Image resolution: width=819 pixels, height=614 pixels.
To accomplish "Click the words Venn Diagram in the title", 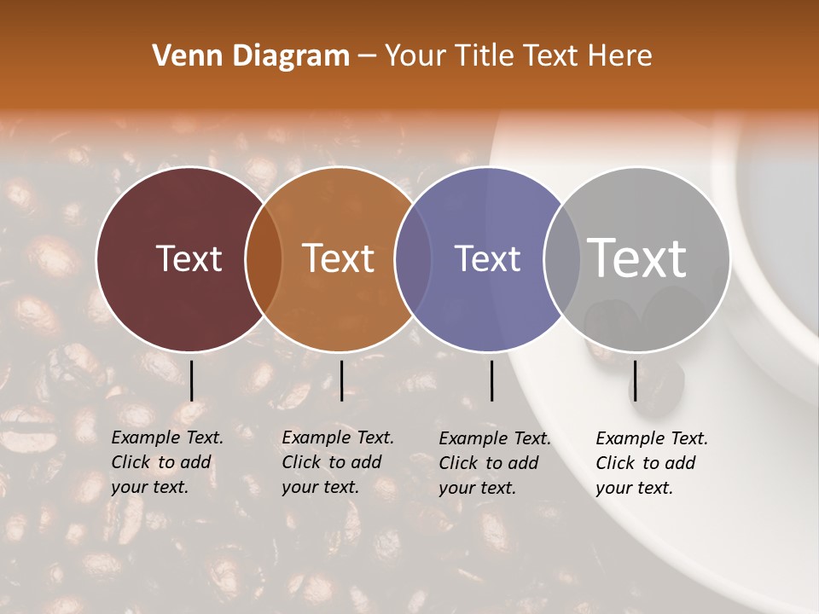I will (251, 56).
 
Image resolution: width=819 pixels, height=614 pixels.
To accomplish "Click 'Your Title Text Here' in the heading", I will (518, 56).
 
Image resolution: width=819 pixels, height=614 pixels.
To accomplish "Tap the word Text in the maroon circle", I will (189, 259).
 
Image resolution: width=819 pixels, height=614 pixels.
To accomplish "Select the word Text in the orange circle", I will (339, 258).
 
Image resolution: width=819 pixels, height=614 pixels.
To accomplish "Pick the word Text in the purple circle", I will (487, 258).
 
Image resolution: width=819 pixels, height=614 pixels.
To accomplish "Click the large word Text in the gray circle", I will (636, 258).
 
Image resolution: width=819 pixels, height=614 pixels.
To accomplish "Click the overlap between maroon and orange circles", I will (264, 259).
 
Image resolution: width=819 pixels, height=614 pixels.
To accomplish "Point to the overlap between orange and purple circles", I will (413, 259).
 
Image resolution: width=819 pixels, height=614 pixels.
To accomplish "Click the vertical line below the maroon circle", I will (191, 380).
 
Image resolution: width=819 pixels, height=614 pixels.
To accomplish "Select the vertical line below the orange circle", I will (341, 380).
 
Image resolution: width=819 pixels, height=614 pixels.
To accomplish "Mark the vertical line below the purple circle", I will (491, 380).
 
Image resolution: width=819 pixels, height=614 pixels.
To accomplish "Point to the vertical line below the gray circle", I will (635, 380).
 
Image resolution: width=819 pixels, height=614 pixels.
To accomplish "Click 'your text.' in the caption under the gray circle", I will (634, 488).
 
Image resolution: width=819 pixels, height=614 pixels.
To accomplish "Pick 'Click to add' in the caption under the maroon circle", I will (160, 462).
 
